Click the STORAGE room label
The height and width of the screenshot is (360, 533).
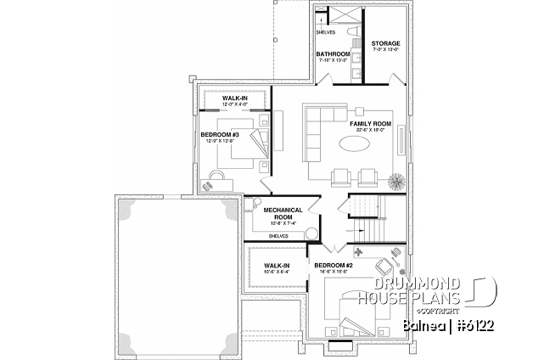coord(385,43)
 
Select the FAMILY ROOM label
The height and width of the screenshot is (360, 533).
coord(370,124)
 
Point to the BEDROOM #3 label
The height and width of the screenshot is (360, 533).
coord(219,134)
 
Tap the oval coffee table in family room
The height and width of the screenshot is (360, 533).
coord(355,146)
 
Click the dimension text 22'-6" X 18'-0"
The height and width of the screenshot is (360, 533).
coord(370,132)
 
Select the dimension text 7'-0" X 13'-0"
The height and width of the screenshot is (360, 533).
coord(385,51)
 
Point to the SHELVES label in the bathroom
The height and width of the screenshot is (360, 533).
coord(325,32)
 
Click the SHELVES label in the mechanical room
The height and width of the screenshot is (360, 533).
coord(278,236)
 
